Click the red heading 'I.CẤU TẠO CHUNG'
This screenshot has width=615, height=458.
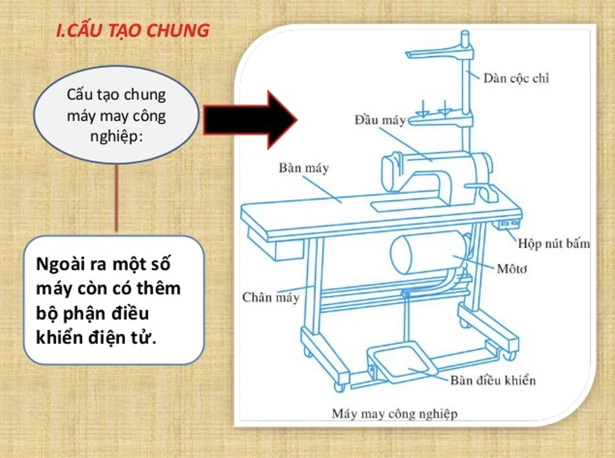133,30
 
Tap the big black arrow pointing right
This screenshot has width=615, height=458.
250,120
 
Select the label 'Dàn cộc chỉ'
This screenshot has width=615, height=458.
516,79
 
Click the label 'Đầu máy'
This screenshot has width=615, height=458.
380,120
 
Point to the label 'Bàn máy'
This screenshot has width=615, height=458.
304,168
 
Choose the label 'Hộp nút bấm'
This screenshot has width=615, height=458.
553,244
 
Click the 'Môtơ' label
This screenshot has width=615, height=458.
512,269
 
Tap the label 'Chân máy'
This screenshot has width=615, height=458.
271,297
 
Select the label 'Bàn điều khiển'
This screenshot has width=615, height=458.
493,380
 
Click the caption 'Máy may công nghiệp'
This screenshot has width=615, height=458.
394,413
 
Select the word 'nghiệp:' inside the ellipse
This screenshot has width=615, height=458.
117,136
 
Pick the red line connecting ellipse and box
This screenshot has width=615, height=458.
117,198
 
